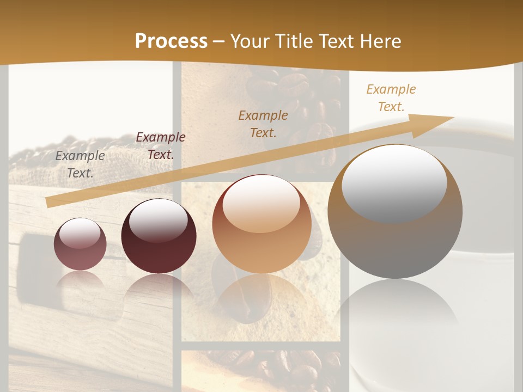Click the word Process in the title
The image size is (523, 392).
tap(171, 41)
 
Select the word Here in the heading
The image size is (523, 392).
tap(379, 41)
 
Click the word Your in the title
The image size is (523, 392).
tap(250, 41)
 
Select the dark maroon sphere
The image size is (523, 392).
tap(159, 245)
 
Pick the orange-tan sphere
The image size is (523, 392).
tap(261, 240)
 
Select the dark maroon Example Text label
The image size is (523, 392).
tap(160, 145)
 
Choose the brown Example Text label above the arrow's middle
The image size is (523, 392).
tap(263, 124)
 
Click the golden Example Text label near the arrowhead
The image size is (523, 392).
tap(391, 98)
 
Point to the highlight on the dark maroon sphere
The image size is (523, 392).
tap(158, 219)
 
